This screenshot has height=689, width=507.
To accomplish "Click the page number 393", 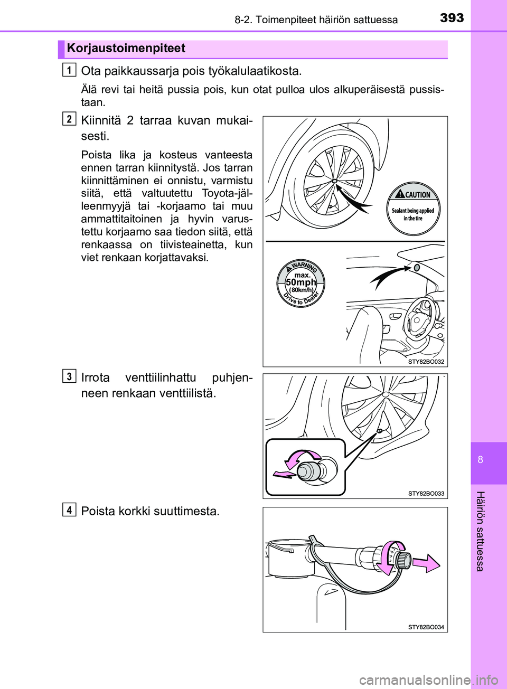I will click(x=452, y=18).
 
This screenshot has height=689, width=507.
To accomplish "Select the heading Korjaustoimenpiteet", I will click(x=126, y=49).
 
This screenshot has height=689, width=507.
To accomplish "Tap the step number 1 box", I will click(x=69, y=69).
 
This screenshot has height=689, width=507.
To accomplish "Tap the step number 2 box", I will click(x=69, y=119).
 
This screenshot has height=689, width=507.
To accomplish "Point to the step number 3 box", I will click(x=69, y=376).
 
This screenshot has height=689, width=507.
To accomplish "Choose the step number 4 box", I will click(x=69, y=509).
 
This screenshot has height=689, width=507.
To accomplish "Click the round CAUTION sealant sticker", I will click(x=413, y=209).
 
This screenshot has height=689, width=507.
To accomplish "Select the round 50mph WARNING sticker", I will click(x=301, y=283).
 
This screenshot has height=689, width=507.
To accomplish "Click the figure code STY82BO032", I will click(x=426, y=362).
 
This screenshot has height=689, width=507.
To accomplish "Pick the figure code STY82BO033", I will click(x=426, y=494).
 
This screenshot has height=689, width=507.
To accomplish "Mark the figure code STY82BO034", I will click(x=426, y=627).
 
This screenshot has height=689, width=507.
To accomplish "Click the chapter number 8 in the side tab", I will click(x=480, y=459).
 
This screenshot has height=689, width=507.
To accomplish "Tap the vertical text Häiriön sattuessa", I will click(x=480, y=531).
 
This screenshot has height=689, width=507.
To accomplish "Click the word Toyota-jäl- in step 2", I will click(x=227, y=193).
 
